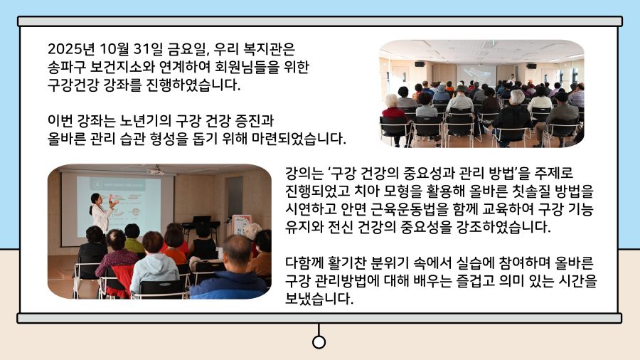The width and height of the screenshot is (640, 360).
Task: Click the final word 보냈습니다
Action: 319,299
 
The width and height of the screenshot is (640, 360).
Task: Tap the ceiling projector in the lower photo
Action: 155,171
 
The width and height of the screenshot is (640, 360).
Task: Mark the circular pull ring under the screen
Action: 319,342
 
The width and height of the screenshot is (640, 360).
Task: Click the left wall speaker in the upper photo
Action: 419,64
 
